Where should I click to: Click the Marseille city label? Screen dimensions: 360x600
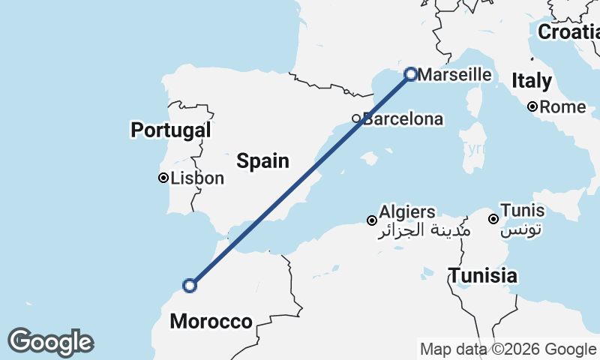pyautogui.click(x=454, y=75)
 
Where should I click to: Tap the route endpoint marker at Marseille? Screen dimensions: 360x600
pyautogui.click(x=410, y=73)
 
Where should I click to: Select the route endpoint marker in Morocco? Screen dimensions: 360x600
pyautogui.click(x=190, y=285)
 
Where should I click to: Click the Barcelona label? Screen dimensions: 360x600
pyautogui.click(x=403, y=118)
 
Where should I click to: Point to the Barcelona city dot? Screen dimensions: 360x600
pyautogui.click(x=357, y=118)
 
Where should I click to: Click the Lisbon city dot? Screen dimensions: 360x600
pyautogui.click(x=163, y=178)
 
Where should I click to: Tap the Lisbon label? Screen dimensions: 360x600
pyautogui.click(x=197, y=178)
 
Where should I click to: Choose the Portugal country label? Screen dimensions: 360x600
pyautogui.click(x=170, y=130)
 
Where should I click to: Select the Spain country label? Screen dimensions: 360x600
pyautogui.click(x=262, y=160)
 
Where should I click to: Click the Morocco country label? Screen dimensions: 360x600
pyautogui.click(x=211, y=322)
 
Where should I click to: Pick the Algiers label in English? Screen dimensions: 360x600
pyautogui.click(x=407, y=211)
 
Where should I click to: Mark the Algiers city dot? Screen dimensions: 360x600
pyautogui.click(x=371, y=220)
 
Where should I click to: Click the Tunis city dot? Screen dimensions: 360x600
pyautogui.click(x=493, y=219)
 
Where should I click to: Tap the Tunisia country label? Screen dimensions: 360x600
pyautogui.click(x=483, y=275)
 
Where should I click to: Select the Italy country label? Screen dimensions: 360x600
pyautogui.click(x=532, y=81)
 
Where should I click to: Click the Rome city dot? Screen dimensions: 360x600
pyautogui.click(x=532, y=106)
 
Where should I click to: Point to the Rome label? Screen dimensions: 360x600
pyautogui.click(x=562, y=107)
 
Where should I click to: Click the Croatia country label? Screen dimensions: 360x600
pyautogui.click(x=568, y=32)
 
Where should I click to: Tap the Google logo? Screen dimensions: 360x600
pyautogui.click(x=51, y=342)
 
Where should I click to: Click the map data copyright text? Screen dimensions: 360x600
pyautogui.click(x=508, y=349)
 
